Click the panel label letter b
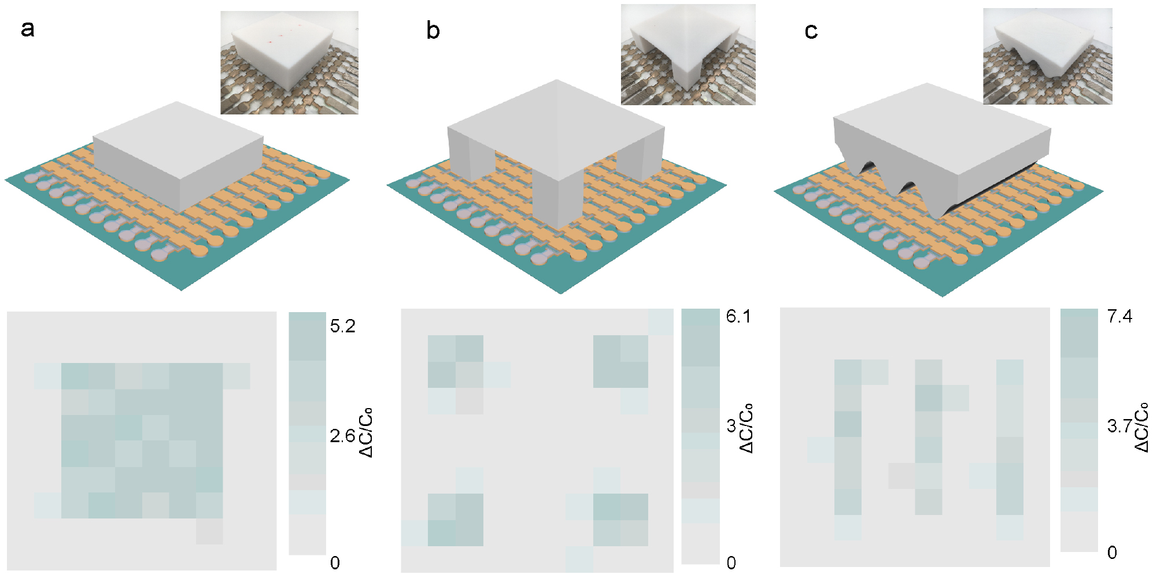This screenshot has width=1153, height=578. pos(433,31)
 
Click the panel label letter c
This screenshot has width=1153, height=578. pos(811,31)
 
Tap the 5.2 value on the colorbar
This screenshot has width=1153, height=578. pos(342,326)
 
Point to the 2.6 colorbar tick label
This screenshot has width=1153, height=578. pos(342,436)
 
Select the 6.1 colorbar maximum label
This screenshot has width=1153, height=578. pos(738,316)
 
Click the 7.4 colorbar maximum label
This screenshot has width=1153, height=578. pos(1119,316)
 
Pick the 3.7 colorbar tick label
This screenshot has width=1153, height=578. pos(1119,427)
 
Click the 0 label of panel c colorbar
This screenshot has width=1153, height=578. pos(1112,553)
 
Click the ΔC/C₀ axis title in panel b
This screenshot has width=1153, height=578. pos(747,428)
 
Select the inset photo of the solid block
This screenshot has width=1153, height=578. pos(289,62)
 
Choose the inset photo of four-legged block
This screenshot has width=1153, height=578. pos(688,55)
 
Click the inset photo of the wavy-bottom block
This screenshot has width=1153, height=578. pos(1047,56)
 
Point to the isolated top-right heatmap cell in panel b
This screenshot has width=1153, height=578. pos(660,322)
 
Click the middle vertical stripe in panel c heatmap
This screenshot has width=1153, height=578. pos(929,436)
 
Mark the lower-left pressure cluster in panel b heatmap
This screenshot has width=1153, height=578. pos(455,520)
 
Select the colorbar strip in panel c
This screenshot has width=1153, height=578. pos(1078,430)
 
